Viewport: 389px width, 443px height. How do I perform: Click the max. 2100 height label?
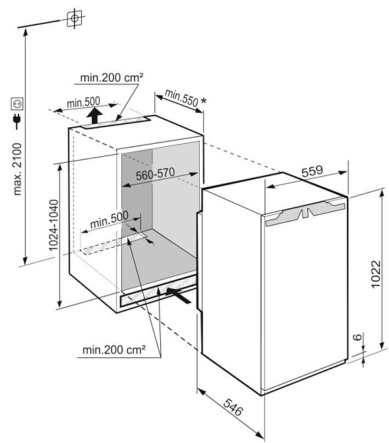pyautogui.click(x=17, y=169)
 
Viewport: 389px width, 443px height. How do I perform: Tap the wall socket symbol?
pyautogui.click(x=17, y=103)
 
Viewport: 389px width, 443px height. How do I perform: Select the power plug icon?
pyautogui.click(x=17, y=121)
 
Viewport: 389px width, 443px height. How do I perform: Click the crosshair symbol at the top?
pyautogui.click(x=75, y=18)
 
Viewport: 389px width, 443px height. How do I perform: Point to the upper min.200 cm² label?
pyautogui.click(x=111, y=77)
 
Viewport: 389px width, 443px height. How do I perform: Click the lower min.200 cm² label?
pyautogui.click(x=114, y=350)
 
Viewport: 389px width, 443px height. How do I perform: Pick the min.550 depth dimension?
pyautogui.click(x=182, y=98)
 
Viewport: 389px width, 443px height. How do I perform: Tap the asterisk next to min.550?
pyautogui.click(x=203, y=101)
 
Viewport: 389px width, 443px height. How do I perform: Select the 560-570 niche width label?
pyautogui.click(x=156, y=173)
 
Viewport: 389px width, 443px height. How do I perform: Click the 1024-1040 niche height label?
pyautogui.click(x=53, y=225)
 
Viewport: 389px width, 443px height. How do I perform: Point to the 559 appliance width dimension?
pyautogui.click(x=312, y=171)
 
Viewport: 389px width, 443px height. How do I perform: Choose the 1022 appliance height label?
pyautogui.click(x=375, y=274)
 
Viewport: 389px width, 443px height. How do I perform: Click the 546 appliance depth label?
pyautogui.click(x=233, y=407)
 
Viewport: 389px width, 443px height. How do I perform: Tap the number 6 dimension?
pyautogui.click(x=357, y=337)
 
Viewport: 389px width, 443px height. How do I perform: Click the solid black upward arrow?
pyautogui.click(x=94, y=115)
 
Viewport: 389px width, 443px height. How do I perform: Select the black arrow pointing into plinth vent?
pyautogui.click(x=179, y=295)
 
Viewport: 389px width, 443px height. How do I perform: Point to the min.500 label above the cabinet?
pyautogui.click(x=83, y=102)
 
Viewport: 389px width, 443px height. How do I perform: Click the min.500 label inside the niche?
pyautogui.click(x=109, y=220)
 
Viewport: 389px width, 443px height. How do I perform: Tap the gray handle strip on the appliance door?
pyautogui.click(x=305, y=214)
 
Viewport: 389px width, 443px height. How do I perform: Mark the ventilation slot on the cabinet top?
pyautogui.click(x=115, y=123)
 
